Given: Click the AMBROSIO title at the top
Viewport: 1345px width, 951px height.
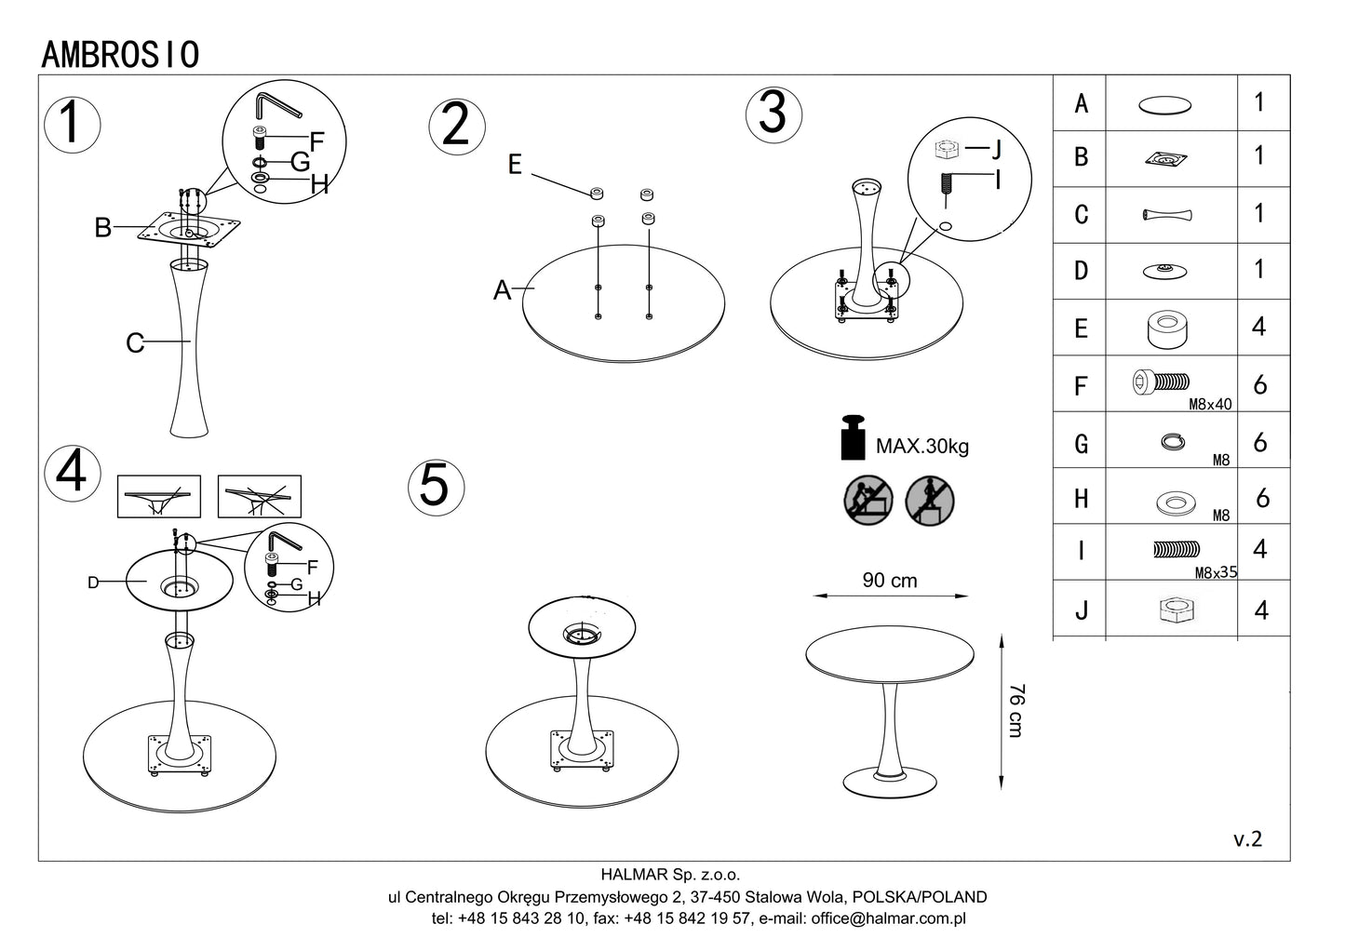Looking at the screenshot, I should [120, 55].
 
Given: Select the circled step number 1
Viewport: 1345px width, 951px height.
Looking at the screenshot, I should [72, 124].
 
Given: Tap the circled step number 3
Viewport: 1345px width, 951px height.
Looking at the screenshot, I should [773, 114].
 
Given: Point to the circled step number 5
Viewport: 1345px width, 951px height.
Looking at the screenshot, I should [435, 486].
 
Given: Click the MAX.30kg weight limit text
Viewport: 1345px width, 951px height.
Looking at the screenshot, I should [921, 447].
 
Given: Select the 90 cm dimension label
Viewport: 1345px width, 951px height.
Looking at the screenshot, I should [890, 581].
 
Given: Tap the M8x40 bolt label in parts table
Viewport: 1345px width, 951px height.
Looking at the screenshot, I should [1210, 405].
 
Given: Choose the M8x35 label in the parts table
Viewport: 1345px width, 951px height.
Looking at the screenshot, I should [1217, 573].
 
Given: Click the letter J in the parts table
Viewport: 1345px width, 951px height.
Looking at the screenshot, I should [1080, 610].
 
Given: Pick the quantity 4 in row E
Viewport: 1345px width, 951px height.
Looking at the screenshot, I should [1259, 328].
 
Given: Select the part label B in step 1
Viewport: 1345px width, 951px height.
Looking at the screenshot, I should [102, 228].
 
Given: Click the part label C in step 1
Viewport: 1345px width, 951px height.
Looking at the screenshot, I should [135, 343].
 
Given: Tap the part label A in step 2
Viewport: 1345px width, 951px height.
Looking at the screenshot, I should [503, 291].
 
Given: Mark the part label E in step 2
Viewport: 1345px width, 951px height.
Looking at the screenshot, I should [515, 166].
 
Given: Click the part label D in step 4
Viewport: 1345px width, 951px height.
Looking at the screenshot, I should [93, 583].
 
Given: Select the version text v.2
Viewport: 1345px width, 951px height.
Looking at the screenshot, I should [1248, 838].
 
